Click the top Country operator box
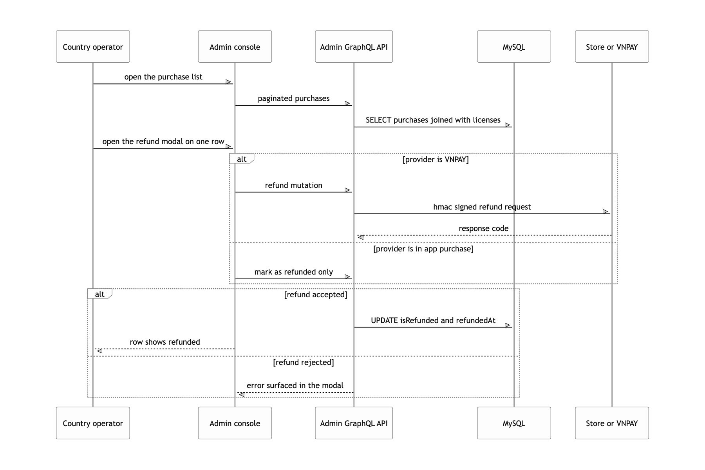tap(93, 47)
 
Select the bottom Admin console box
tap(235, 423)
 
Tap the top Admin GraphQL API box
tap(354, 47)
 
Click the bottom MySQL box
tap(514, 423)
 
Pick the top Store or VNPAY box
tap(612, 47)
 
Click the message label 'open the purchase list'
tap(163, 77)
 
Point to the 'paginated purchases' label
tap(294, 98)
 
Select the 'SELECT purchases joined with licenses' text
tap(433, 120)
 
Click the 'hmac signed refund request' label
tap(482, 207)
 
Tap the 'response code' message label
tap(484, 228)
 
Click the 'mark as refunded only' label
tap(294, 272)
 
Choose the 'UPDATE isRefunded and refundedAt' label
tap(433, 320)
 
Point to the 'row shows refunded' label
tap(165, 342)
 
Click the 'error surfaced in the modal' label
tap(295, 385)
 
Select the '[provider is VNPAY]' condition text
tap(436, 159)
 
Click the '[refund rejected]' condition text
tap(304, 362)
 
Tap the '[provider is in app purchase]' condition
tap(423, 249)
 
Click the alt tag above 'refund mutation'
tap(242, 159)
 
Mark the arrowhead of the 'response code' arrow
tap(360, 237)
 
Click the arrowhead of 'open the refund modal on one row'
tap(229, 146)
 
